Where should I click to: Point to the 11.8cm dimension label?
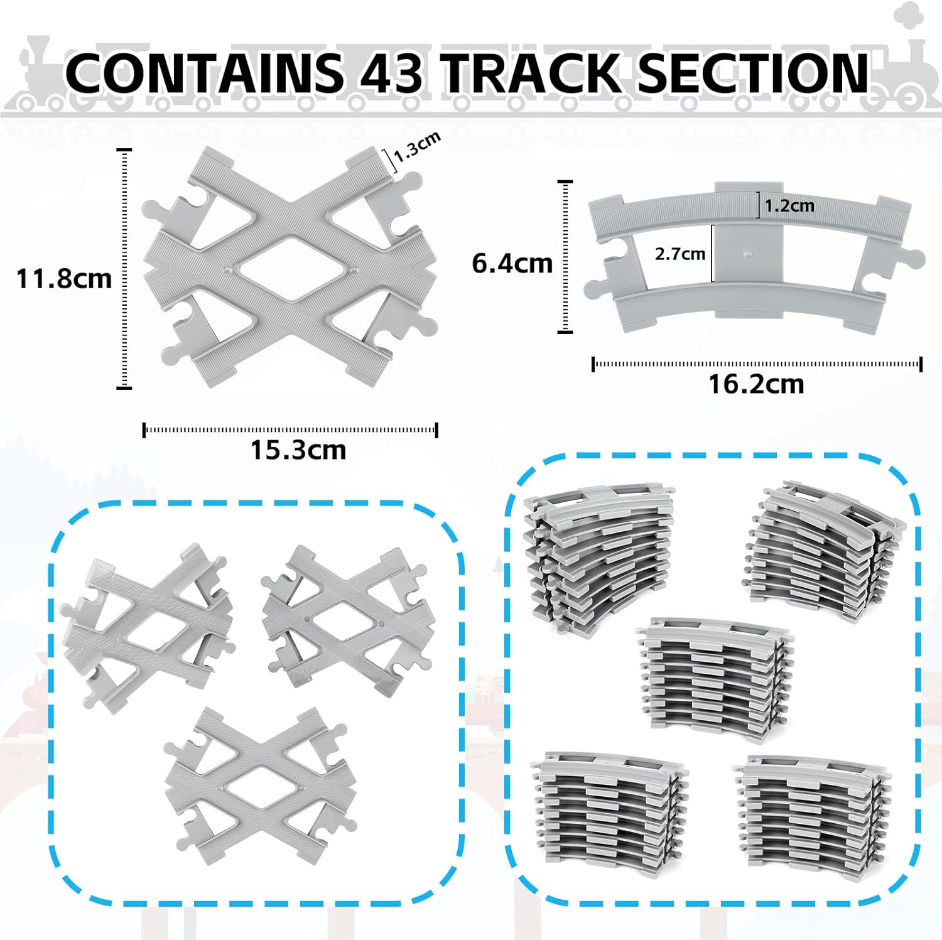pos(64,278)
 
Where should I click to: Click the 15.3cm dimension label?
pos(298,450)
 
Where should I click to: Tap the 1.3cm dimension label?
pos(417,148)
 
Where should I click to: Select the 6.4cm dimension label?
pos(512,263)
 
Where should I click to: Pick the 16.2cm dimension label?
pos(756,384)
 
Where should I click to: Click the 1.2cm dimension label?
pos(789,205)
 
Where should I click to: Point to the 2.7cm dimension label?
pos(679,254)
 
